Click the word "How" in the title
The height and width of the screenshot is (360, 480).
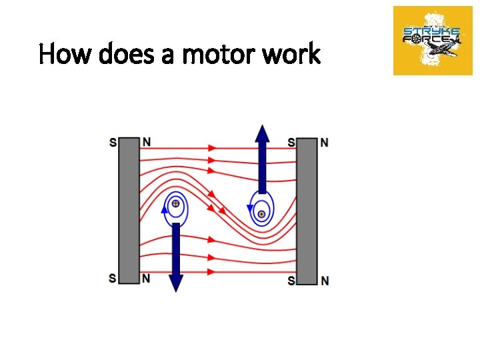[62, 54]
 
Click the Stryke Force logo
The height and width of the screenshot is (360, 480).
[433, 41]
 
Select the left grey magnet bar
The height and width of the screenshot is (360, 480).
[129, 211]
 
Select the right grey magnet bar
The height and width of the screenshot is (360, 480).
[307, 211]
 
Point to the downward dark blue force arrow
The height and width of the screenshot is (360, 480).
[175, 257]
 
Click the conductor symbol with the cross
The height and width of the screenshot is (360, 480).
[175, 204]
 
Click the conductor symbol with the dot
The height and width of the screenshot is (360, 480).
[262, 214]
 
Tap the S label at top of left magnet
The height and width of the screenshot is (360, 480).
[113, 142]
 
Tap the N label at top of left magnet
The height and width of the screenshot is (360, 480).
[146, 141]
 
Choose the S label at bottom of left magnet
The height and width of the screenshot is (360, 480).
[113, 278]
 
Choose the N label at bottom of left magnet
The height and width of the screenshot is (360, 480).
[146, 277]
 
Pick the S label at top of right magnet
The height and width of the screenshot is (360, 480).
[291, 143]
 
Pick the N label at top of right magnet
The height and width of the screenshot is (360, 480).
[324, 143]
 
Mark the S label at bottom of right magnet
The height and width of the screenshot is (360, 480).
[291, 281]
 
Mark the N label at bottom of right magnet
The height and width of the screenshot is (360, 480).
[324, 281]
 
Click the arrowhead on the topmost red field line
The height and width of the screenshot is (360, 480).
[213, 147]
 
